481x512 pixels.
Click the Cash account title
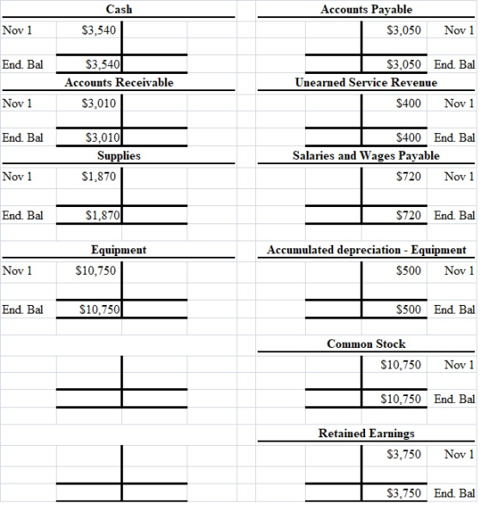pos(119,9)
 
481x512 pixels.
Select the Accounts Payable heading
pos(366,9)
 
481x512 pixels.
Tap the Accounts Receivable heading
pos(119,82)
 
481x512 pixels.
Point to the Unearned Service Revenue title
pos(366,82)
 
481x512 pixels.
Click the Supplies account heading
pos(119,155)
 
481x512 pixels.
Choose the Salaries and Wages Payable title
pos(366,155)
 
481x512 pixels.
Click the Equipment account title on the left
pos(119,250)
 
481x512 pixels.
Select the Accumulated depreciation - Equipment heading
pos(367,250)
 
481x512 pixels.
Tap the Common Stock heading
pos(366,344)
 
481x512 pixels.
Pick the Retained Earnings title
pos(366,433)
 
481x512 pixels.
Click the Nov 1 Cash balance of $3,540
pos(99,30)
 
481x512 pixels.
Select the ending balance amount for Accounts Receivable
pos(102,137)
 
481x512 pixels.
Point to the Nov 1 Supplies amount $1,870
pos(99,177)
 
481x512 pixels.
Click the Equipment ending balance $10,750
pos(100,309)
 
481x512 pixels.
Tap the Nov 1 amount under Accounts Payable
pos(404,30)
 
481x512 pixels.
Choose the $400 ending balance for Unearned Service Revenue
pos(409,137)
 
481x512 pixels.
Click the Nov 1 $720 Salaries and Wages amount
pos(409,177)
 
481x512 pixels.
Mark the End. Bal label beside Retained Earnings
pos(454,493)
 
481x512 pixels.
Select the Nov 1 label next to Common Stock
pos(459,365)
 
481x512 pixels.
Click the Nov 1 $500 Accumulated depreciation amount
pos(409,271)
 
